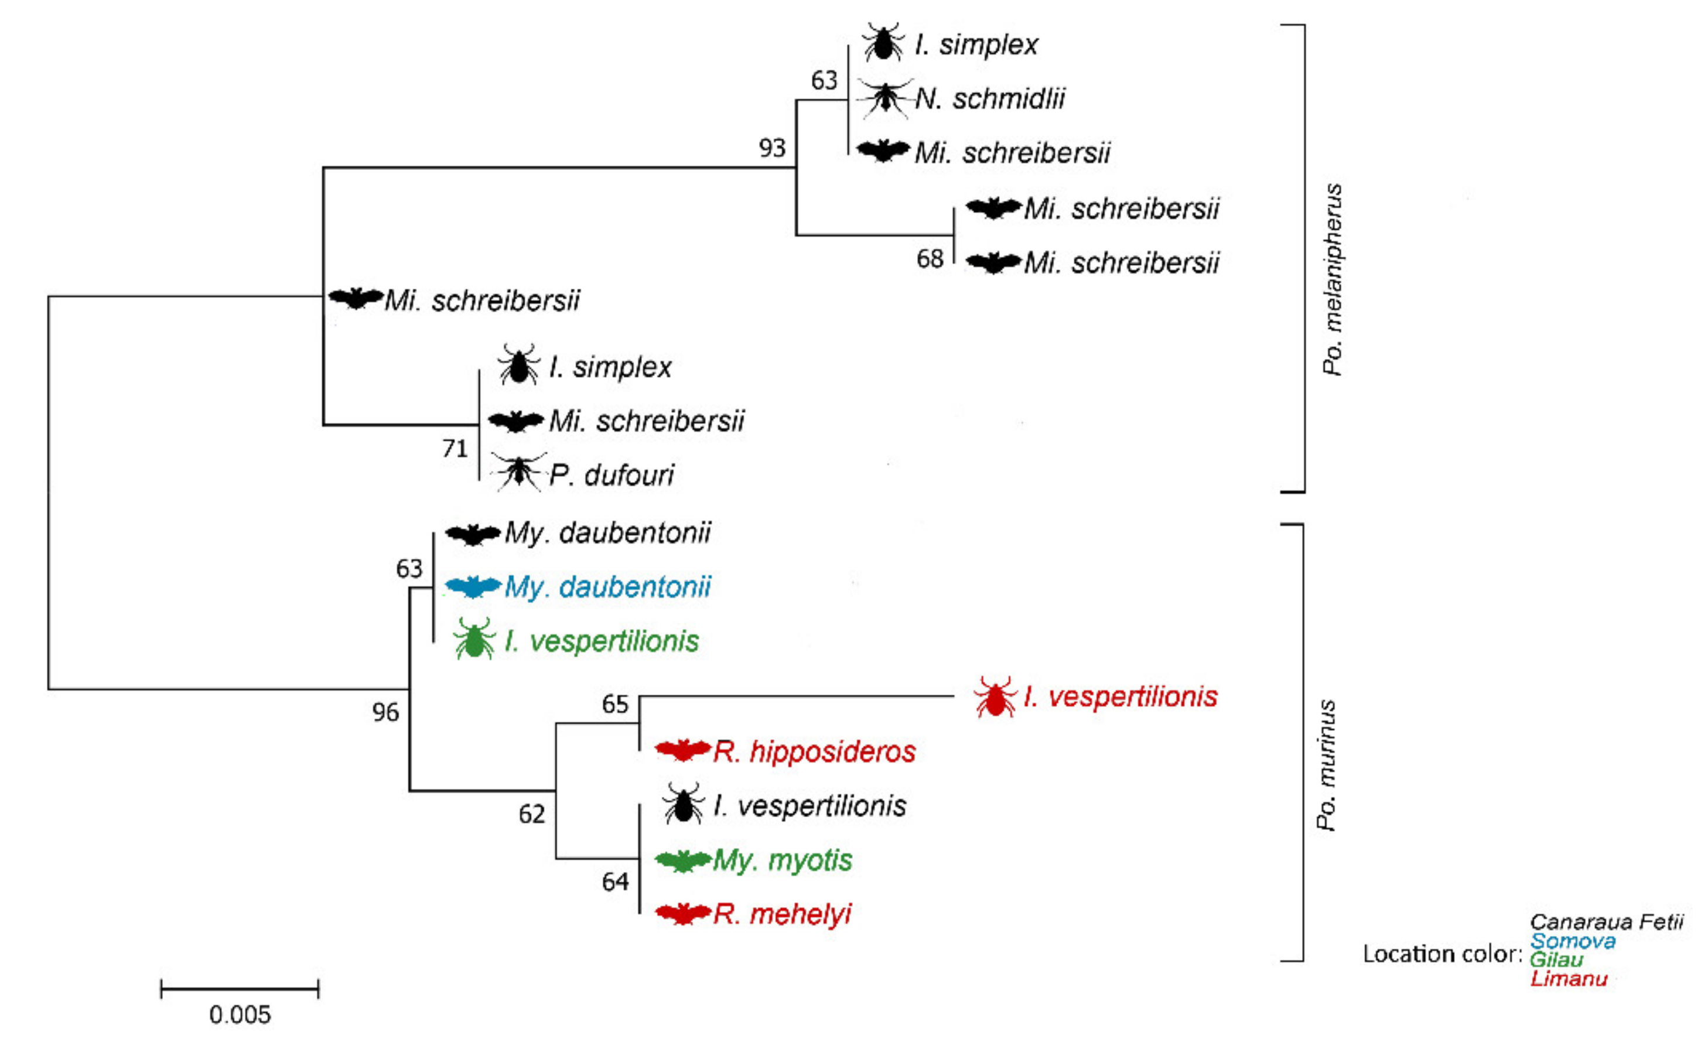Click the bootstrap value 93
click(x=771, y=148)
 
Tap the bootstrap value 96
click(x=385, y=712)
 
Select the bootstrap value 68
click(x=930, y=258)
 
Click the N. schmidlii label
click(x=990, y=99)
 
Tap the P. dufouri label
click(x=612, y=476)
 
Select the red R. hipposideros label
click(x=815, y=751)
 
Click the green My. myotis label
click(x=783, y=860)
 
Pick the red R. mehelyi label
click(x=782, y=914)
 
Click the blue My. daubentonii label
click(x=607, y=587)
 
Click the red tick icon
click(x=995, y=697)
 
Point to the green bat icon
click(x=683, y=861)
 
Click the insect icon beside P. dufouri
click(x=518, y=473)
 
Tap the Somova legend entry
click(x=1573, y=941)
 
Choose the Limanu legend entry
click(x=1569, y=978)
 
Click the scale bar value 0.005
click(x=240, y=1015)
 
